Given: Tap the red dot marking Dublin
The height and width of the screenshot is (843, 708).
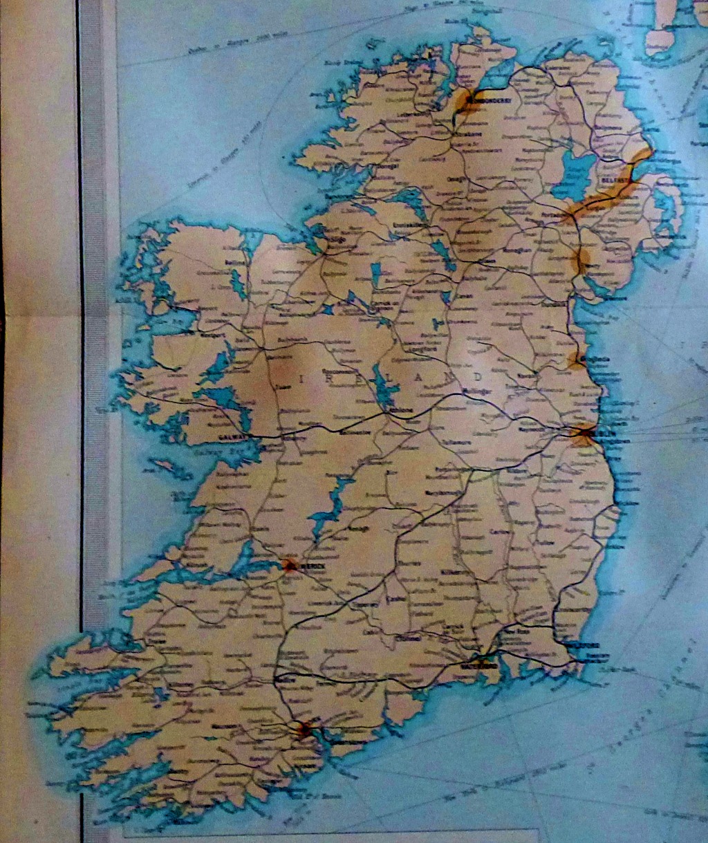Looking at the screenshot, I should (x=582, y=433).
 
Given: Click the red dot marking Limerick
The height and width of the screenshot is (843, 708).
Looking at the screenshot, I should (x=288, y=565).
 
